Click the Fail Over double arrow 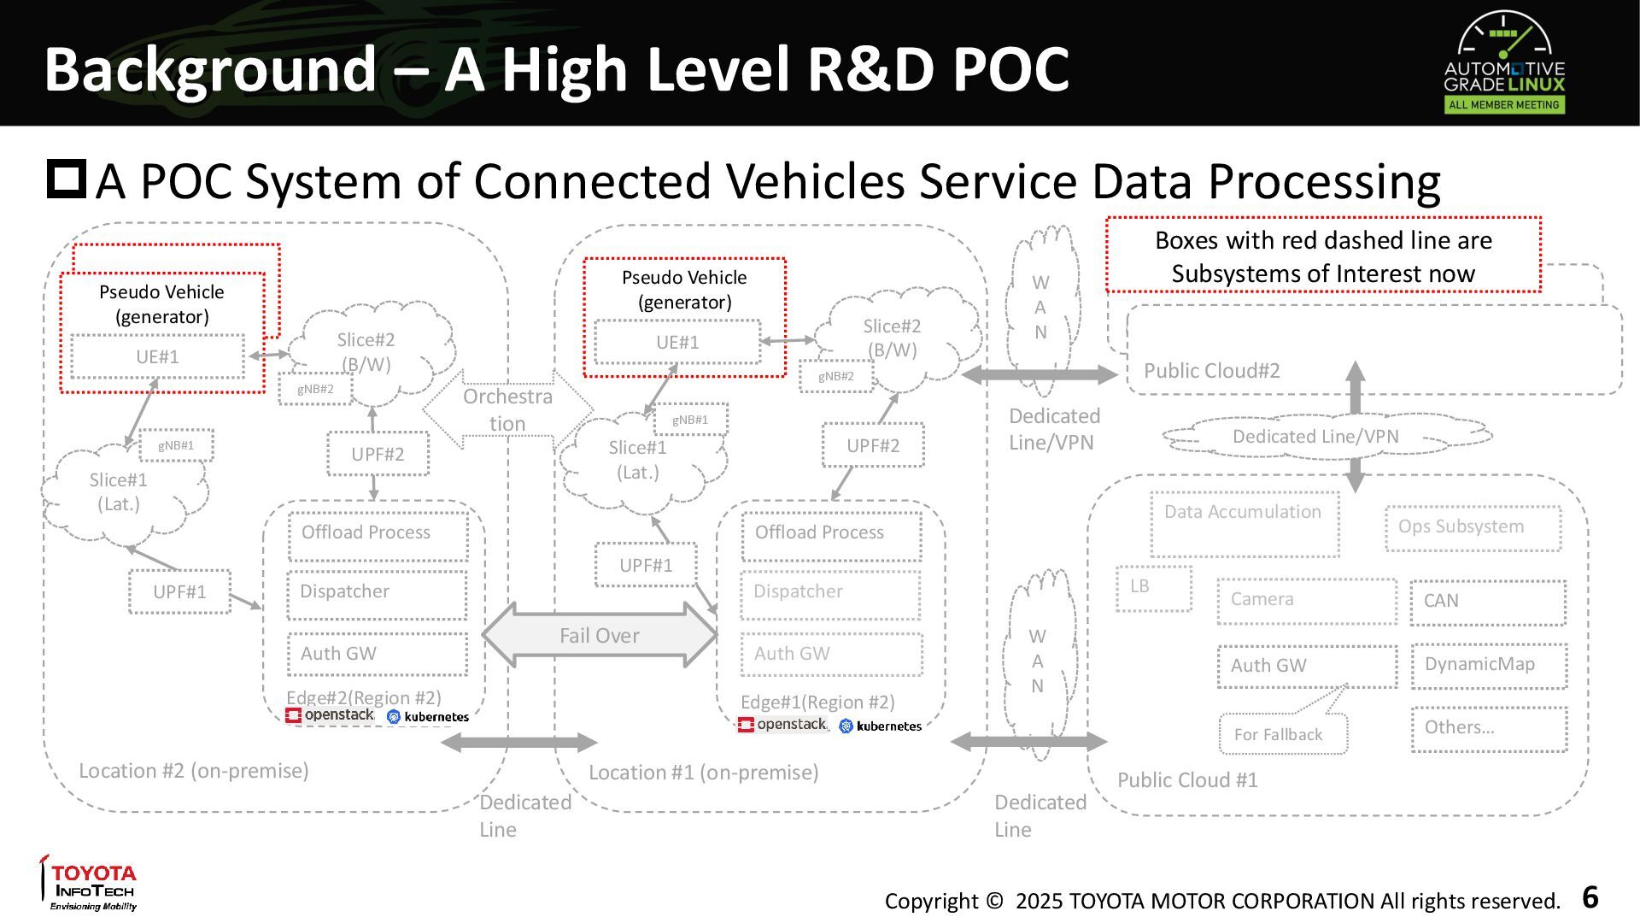click(x=600, y=635)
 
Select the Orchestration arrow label click(x=507, y=409)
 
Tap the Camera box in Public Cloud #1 click(x=1307, y=601)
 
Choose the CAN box click(x=1488, y=602)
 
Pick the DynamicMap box click(x=1489, y=666)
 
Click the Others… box click(x=1489, y=729)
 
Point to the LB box click(x=1153, y=588)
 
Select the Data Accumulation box click(x=1245, y=524)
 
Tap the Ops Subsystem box click(x=1473, y=528)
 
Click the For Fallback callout click(x=1283, y=733)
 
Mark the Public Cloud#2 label click(x=1211, y=371)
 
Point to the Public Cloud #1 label click(x=1187, y=780)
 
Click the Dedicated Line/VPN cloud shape click(x=1327, y=437)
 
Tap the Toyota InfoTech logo click(x=90, y=883)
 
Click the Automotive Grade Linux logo click(x=1504, y=62)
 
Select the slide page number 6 click(x=1590, y=897)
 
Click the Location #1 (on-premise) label click(x=703, y=773)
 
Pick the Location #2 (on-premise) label click(x=194, y=771)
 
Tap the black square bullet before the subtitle click(x=66, y=179)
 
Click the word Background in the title click(x=210, y=70)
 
